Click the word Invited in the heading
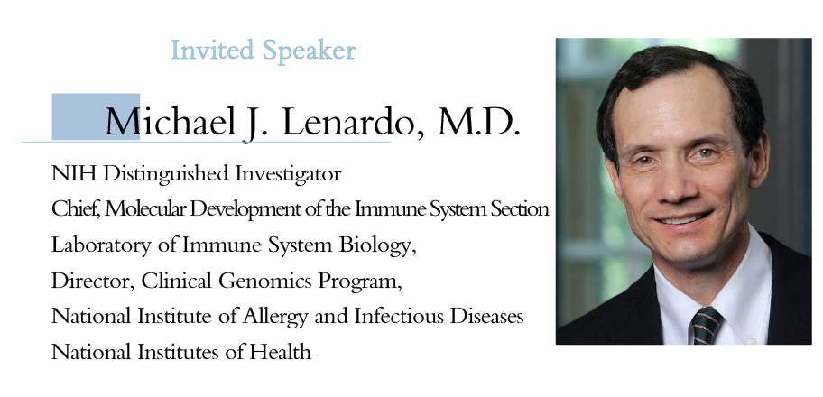pos(213,50)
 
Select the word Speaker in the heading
pos(310,51)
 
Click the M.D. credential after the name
pos(477,122)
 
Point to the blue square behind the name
pos(96,116)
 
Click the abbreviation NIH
pos(73,173)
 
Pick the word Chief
pos(76,209)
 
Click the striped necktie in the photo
pos(706,325)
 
